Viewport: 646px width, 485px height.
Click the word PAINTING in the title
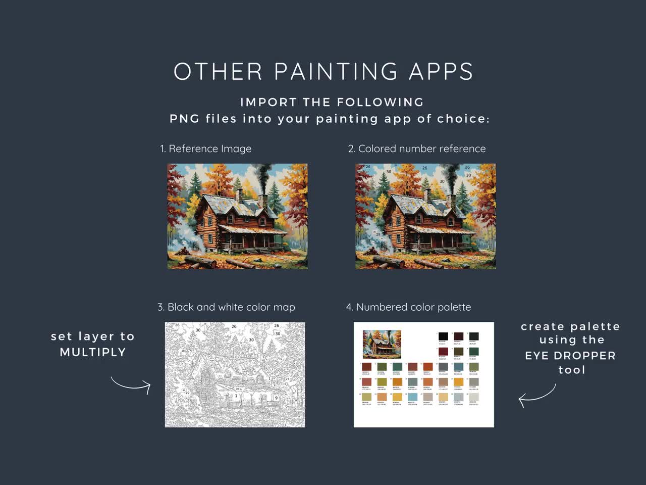tap(337, 72)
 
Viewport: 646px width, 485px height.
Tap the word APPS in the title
tap(441, 72)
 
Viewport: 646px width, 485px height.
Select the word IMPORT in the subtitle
tap(268, 103)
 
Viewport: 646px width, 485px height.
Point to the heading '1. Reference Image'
tap(206, 149)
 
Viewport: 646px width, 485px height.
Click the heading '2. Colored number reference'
tap(417, 149)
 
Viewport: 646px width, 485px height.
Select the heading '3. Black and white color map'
tap(226, 308)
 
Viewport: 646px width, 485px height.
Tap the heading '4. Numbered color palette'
tap(409, 308)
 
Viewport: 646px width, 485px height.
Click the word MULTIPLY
tap(93, 353)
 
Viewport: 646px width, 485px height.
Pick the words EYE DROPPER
tap(570, 356)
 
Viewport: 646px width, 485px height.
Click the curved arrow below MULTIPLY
tap(131, 385)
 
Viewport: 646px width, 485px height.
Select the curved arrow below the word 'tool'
tap(537, 396)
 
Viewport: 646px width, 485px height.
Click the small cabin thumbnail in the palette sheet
tap(382, 344)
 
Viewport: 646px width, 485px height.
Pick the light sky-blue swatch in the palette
tap(413, 398)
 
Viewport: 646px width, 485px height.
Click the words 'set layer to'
tap(93, 336)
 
